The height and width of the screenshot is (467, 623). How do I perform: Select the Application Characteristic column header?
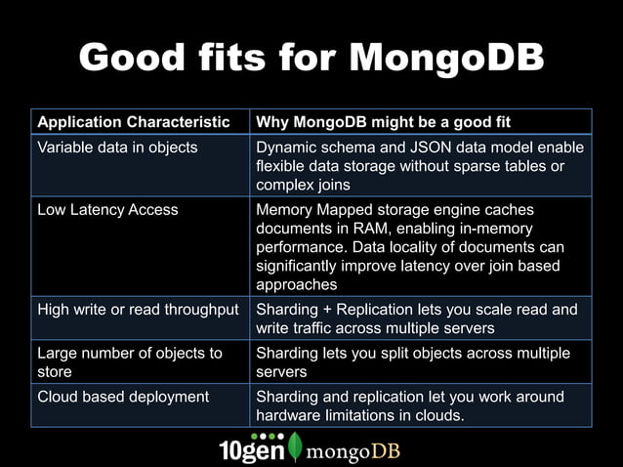pyautogui.click(x=133, y=122)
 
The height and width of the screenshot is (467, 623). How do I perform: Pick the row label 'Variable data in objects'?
pyautogui.click(x=117, y=148)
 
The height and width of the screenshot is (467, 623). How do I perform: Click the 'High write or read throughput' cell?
pyautogui.click(x=138, y=310)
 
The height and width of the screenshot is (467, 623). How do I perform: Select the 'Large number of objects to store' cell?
pyautogui.click(x=129, y=361)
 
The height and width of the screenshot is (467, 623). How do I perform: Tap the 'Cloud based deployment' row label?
pyautogui.click(x=123, y=397)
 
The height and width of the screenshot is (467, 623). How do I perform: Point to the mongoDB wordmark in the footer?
pyautogui.click(x=353, y=452)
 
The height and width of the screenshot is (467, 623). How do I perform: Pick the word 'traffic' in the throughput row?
pyautogui.click(x=317, y=328)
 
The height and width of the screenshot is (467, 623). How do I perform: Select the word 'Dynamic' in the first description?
pyautogui.click(x=286, y=148)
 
